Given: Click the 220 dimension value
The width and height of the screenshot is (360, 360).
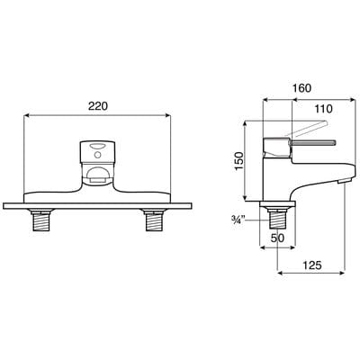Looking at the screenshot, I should coord(98,106).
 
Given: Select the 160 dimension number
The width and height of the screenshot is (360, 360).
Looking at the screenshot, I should coord(302,90).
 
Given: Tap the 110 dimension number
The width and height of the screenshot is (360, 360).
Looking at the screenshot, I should coord(313,109).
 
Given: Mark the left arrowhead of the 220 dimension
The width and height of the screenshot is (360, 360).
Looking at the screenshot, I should coord(26,114).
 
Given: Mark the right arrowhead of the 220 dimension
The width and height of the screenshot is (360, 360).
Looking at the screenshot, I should coord(169,114).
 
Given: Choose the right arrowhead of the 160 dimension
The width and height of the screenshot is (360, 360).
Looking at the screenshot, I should coord(346,98).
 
